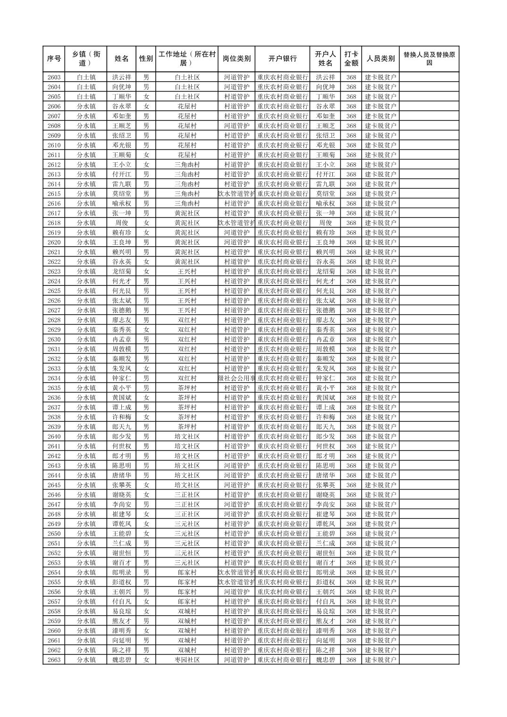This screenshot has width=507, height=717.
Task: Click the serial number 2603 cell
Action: click(54, 77)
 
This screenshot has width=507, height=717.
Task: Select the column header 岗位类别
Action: click(237, 58)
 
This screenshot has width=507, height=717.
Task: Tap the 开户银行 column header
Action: click(282, 58)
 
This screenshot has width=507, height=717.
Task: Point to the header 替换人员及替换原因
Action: click(429, 58)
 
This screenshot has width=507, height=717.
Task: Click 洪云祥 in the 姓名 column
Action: click(121, 77)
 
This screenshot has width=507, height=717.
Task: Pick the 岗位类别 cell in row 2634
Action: click(237, 378)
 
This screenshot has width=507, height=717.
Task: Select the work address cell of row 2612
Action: click(187, 165)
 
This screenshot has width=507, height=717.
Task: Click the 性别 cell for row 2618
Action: click(146, 223)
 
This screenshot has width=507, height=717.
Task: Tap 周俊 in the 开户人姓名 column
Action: click(325, 223)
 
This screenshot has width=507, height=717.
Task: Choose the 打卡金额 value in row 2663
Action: click(351, 659)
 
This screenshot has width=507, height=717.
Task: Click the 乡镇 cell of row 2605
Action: click(86, 97)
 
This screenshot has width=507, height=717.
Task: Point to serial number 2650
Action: click(54, 534)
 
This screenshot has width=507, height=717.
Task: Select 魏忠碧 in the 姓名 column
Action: click(121, 659)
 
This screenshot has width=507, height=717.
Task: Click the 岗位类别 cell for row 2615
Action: click(237, 193)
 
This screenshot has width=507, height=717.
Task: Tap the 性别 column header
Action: click(146, 58)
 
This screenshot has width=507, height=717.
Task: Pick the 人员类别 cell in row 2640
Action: click(380, 436)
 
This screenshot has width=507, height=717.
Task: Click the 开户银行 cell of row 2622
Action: click(282, 261)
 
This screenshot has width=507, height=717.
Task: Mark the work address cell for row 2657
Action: click(187, 601)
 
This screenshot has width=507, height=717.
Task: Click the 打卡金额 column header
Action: click(351, 58)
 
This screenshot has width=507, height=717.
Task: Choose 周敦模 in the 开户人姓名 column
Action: click(325, 349)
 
